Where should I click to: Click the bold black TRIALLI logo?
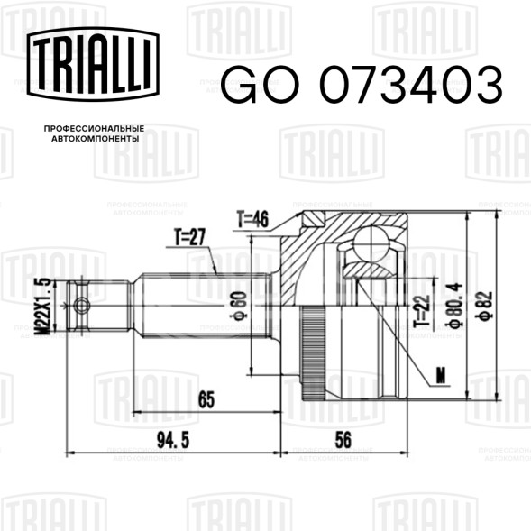click(93, 64)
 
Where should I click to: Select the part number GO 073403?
click(362, 85)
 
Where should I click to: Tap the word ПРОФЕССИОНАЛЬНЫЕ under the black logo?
click(94, 129)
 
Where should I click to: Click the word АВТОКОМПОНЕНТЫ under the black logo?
click(96, 139)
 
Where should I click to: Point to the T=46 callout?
click(252, 219)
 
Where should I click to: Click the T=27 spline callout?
click(189, 237)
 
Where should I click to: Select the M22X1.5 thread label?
click(45, 306)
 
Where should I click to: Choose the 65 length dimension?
click(206, 399)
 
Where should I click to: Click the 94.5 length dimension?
click(173, 440)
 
